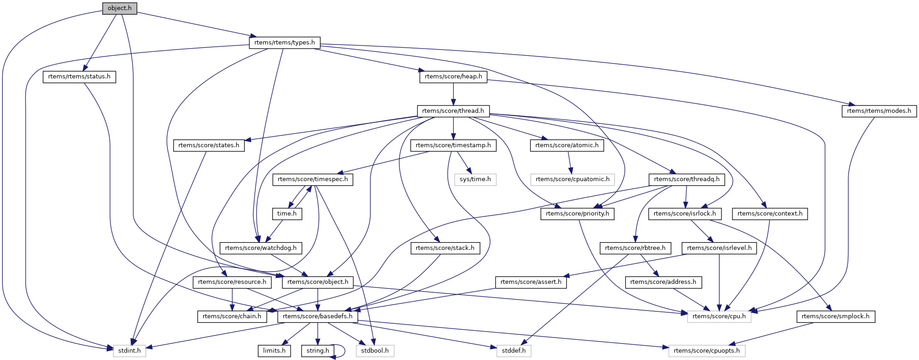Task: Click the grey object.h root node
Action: coord(120,8)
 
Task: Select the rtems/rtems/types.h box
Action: coord(285,43)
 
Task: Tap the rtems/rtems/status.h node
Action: coord(79,77)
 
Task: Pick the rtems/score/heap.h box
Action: coord(453,77)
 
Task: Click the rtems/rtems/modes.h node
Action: coord(879,111)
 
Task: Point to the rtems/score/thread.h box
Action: coord(453,111)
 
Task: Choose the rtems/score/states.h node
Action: coord(209,145)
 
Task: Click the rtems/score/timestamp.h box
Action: coord(453,145)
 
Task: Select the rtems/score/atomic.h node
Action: coord(567,145)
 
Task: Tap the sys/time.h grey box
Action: coord(475,179)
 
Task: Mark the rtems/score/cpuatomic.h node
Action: coord(572,179)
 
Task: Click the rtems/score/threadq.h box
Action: coord(687,179)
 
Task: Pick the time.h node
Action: coord(287,214)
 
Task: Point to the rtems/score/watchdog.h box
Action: coord(261,248)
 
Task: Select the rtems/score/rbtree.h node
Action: coord(635,248)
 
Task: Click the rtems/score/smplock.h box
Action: coord(836,316)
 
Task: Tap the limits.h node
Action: coord(274,351)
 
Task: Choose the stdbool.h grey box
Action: coord(374,351)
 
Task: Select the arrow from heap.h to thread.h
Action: coord(453,94)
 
